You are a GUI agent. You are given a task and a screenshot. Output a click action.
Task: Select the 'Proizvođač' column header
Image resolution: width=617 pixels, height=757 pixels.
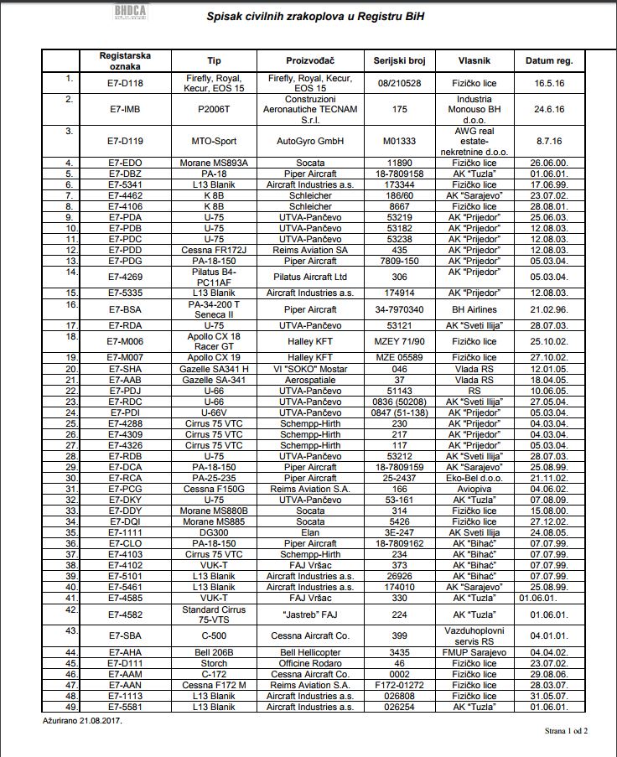click(310, 61)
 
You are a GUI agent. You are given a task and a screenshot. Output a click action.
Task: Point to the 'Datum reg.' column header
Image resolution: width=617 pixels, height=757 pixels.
click(549, 61)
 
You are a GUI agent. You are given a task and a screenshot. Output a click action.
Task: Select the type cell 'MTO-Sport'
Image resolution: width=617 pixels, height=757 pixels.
click(214, 141)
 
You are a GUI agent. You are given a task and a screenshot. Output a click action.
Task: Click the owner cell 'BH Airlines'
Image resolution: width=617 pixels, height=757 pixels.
click(474, 309)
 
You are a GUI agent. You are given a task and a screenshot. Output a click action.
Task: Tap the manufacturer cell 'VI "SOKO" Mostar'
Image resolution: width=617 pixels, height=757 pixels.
click(310, 369)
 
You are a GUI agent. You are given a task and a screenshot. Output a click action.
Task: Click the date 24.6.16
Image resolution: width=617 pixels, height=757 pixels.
click(549, 109)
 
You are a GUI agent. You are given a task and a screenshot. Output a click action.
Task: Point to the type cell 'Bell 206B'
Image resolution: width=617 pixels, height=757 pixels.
click(214, 651)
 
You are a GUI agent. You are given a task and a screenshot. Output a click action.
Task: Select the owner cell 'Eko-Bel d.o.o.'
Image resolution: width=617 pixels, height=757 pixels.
click(474, 478)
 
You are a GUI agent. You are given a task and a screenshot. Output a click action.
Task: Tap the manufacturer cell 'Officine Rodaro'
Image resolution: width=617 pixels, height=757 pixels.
click(310, 662)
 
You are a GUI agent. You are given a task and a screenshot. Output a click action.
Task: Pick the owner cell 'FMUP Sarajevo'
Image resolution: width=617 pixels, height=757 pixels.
click(474, 651)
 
